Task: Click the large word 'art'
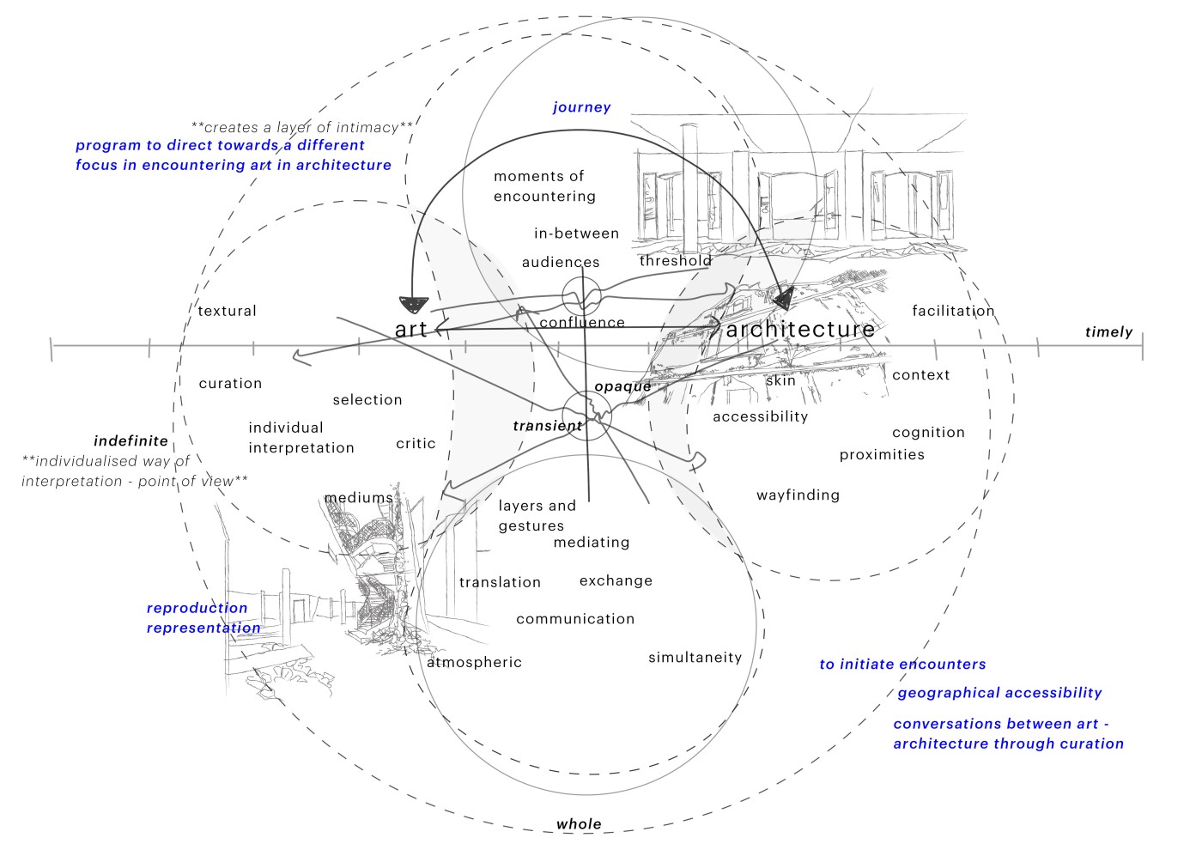tap(411, 330)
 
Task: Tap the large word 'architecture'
tap(800, 330)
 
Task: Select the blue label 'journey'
tap(581, 107)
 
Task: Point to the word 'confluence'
tap(582, 323)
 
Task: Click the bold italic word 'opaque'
tap(622, 386)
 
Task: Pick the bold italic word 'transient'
tap(548, 426)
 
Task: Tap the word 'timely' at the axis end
tap(1108, 332)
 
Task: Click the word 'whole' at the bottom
tap(579, 824)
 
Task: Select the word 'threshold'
tap(676, 261)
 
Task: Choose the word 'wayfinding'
tap(798, 495)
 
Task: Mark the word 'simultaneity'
tap(695, 658)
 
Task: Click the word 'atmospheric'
tap(474, 663)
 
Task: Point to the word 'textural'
tap(227, 311)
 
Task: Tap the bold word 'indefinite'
tap(131, 441)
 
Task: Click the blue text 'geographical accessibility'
tap(999, 693)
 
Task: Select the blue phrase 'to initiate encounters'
tap(902, 665)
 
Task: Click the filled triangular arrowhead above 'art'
tap(413, 304)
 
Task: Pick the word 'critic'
tap(416, 444)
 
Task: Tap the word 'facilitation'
tap(953, 311)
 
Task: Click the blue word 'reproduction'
tap(197, 609)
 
